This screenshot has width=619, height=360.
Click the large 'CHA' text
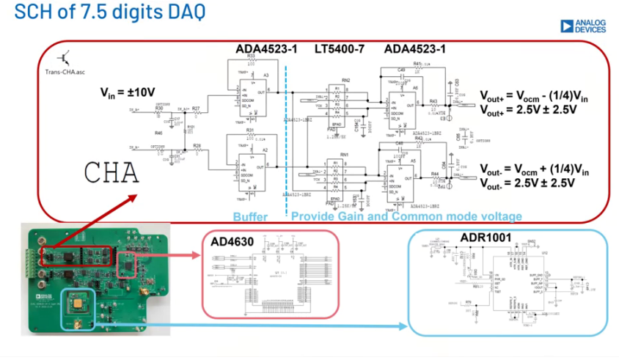[x=111, y=172]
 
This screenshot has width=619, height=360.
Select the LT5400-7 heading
[x=341, y=49]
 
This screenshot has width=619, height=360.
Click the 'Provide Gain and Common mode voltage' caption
[x=406, y=216]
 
